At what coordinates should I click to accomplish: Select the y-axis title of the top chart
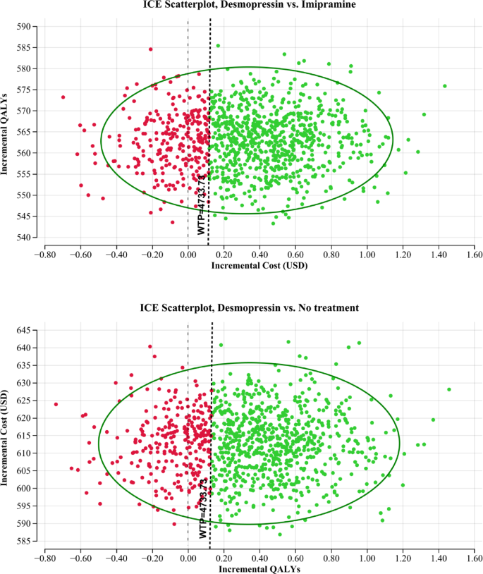pyautogui.click(x=6, y=132)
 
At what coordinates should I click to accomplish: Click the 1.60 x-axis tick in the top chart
pyautogui.click(x=474, y=255)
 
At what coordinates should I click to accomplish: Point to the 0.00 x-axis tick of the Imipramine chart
pyautogui.click(x=188, y=255)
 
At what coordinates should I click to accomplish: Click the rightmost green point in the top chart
pyautogui.click(x=445, y=86)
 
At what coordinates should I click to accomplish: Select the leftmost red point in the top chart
pyautogui.click(x=63, y=97)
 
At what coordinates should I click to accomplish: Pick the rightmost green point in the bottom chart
pyautogui.click(x=448, y=389)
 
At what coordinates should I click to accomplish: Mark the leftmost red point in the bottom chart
pyautogui.click(x=56, y=404)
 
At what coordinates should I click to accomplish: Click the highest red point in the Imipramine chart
pyautogui.click(x=150, y=49)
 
